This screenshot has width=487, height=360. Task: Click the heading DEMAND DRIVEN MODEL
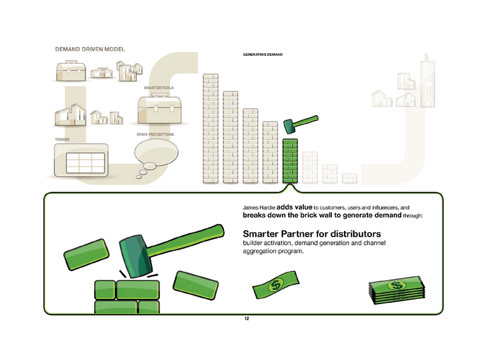90,49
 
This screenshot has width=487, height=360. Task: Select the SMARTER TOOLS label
158,87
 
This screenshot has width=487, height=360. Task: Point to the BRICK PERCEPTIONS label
155,135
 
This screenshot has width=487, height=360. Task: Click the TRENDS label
62,140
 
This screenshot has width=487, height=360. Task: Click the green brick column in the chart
291,161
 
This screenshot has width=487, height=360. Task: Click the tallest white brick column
212,128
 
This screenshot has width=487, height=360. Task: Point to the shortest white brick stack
351,177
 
